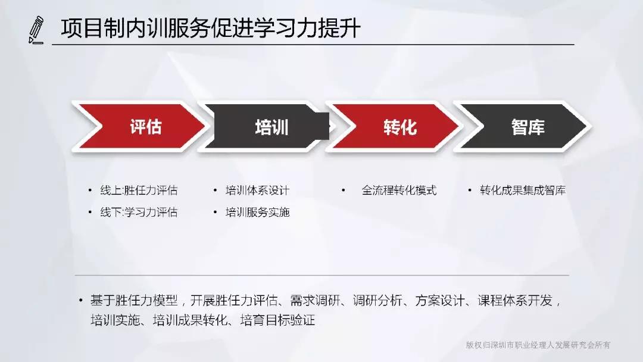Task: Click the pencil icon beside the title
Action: pyautogui.click(x=36, y=30)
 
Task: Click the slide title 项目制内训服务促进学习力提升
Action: pyautogui.click(x=210, y=29)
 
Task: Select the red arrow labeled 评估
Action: pyautogui.click(x=139, y=127)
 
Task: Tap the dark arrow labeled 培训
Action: pyautogui.click(x=267, y=127)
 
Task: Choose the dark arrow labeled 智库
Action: pyautogui.click(x=523, y=127)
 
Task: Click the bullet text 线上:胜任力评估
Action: pyautogui.click(x=139, y=190)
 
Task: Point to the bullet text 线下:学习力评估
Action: pyautogui.click(x=139, y=212)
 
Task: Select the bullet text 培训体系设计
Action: pyautogui.click(x=257, y=190)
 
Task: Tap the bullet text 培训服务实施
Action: pyautogui.click(x=258, y=212)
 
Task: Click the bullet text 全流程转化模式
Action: pyautogui.click(x=399, y=190)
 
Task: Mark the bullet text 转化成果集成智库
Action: pyautogui.click(x=523, y=190)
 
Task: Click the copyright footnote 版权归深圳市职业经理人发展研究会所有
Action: pyautogui.click(x=538, y=345)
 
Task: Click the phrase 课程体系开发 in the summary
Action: pyautogui.click(x=515, y=301)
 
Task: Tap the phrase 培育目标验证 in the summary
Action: pyautogui.click(x=277, y=320)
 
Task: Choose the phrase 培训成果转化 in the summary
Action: pyautogui.click(x=190, y=320)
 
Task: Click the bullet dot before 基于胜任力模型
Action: pyautogui.click(x=81, y=301)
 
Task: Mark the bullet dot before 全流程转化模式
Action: pyautogui.click(x=344, y=190)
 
